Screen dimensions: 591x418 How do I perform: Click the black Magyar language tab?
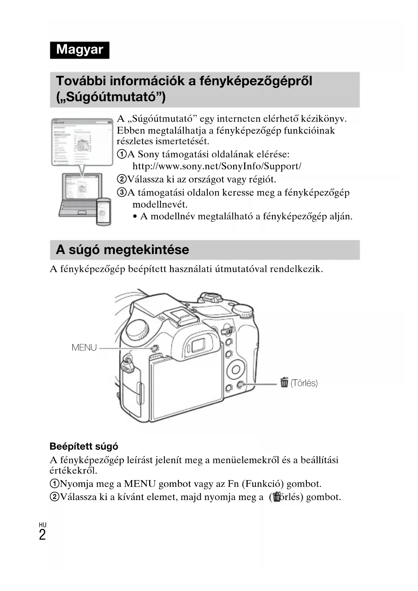[79, 50]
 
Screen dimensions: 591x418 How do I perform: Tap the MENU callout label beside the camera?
[84, 347]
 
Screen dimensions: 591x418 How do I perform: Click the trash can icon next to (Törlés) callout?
[284, 382]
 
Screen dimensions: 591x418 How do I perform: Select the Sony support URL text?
[217, 166]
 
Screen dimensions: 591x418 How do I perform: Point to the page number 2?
[42, 535]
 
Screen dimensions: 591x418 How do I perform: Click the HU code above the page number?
[42, 525]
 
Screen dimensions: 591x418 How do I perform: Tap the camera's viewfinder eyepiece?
[197, 345]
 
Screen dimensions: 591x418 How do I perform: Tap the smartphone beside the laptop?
[104, 211]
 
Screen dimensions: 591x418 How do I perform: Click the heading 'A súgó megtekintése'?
[122, 250]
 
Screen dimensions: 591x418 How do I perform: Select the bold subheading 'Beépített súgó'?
[84, 446]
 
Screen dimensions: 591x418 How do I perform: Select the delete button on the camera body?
[240, 384]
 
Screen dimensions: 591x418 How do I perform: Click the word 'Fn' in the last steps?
[233, 484]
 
